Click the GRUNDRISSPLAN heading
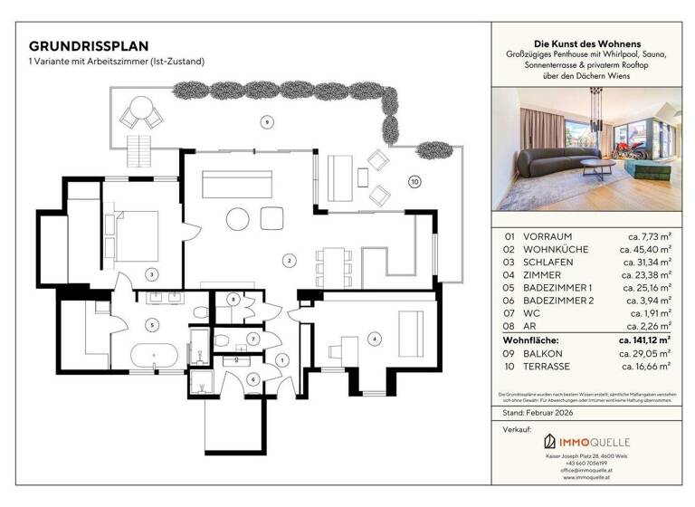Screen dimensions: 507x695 [89, 45]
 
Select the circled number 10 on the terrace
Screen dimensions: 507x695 [414, 181]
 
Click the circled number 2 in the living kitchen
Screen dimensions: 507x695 [289, 261]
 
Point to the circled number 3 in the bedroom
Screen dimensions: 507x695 [152, 273]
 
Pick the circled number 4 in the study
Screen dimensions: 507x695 [375, 340]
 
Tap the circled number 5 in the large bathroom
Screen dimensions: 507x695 [152, 323]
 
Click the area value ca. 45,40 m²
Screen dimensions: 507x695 [643, 248]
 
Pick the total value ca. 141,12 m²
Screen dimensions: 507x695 [643, 340]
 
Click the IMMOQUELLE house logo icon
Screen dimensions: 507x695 [548, 442]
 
